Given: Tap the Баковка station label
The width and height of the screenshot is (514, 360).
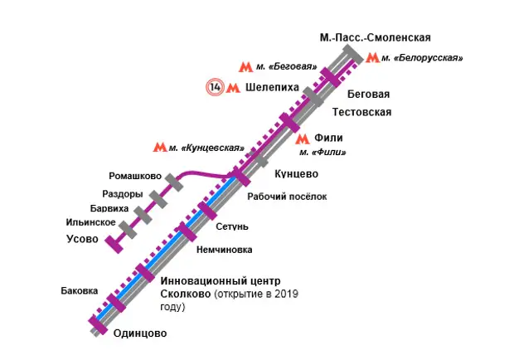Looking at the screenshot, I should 80,291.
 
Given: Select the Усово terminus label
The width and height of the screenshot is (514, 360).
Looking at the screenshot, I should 81,240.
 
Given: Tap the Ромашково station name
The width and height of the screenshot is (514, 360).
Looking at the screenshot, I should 134,176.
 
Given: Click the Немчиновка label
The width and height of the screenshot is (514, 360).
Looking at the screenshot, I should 224,249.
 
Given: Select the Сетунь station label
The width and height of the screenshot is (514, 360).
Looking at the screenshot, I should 232,226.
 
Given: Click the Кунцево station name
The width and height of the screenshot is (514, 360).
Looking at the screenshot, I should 296,173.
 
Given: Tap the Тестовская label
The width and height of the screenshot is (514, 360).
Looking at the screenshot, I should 361,112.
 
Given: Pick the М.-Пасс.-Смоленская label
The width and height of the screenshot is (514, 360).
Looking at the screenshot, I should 375,37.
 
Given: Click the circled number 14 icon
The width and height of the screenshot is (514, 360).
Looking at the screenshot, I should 215,86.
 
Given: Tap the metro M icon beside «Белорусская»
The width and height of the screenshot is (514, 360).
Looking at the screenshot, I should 373,58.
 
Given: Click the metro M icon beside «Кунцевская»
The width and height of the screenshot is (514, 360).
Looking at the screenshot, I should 160,148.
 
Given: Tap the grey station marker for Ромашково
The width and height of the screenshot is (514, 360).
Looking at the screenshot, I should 172,180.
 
